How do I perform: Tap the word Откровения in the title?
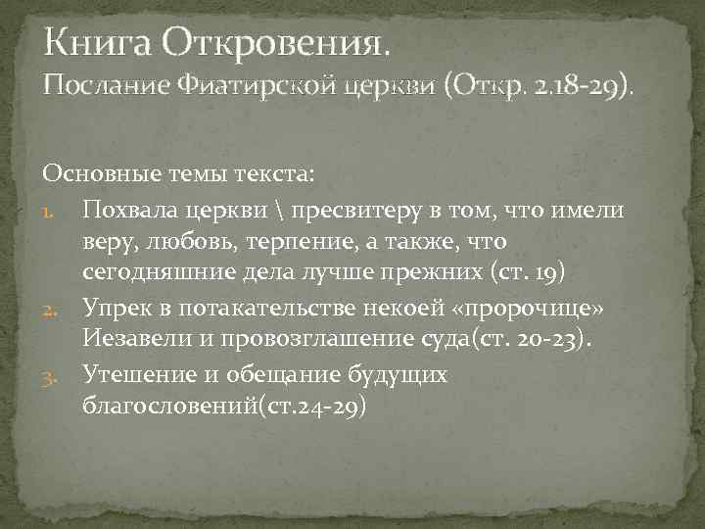274,42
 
